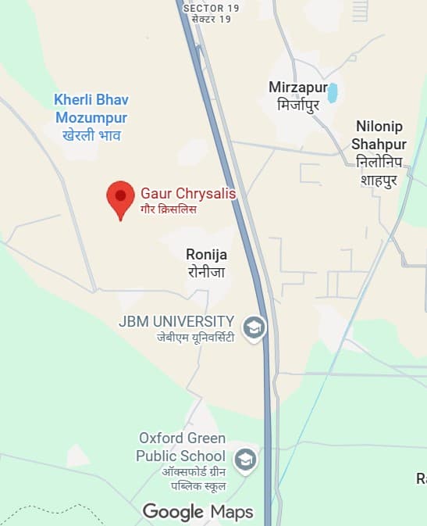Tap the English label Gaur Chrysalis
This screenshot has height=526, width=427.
pos(187,193)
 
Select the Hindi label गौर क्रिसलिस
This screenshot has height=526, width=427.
pos(169,209)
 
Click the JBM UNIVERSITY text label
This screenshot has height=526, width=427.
pos(176,321)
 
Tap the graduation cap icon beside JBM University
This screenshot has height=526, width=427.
pos(254,328)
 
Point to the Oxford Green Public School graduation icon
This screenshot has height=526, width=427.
pos(246,460)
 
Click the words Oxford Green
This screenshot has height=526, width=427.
pos(182,438)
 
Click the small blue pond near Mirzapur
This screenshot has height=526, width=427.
pos(333,93)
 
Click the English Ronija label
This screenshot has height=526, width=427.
pos(206,254)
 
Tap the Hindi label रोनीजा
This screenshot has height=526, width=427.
pos(206,271)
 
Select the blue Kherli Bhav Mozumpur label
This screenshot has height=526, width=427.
pos(91,109)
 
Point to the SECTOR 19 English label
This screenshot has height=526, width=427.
pos(212,8)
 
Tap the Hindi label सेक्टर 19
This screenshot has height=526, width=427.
pos(212,19)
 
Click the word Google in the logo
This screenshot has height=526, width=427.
pos(173,512)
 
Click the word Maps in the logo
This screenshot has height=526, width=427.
pos(232,512)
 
